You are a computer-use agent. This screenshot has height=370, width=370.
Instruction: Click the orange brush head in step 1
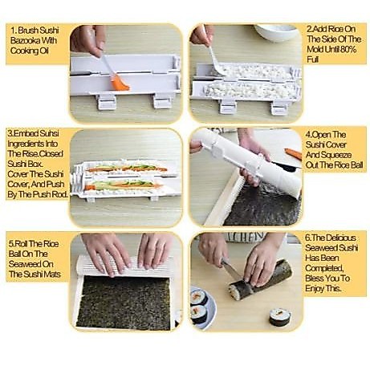[x=120, y=83]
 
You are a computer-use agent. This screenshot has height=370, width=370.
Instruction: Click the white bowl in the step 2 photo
[x=276, y=32]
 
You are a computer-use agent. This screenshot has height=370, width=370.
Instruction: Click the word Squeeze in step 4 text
[x=340, y=155]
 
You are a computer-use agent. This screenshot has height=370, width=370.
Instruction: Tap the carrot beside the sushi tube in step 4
[x=293, y=154]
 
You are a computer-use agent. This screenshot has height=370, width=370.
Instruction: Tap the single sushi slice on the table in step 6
[x=280, y=316]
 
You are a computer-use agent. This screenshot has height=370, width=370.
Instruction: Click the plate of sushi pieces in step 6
[x=202, y=306]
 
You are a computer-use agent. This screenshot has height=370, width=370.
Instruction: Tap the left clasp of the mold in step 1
[x=107, y=101]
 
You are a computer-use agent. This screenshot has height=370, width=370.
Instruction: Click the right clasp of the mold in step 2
[x=279, y=108]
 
